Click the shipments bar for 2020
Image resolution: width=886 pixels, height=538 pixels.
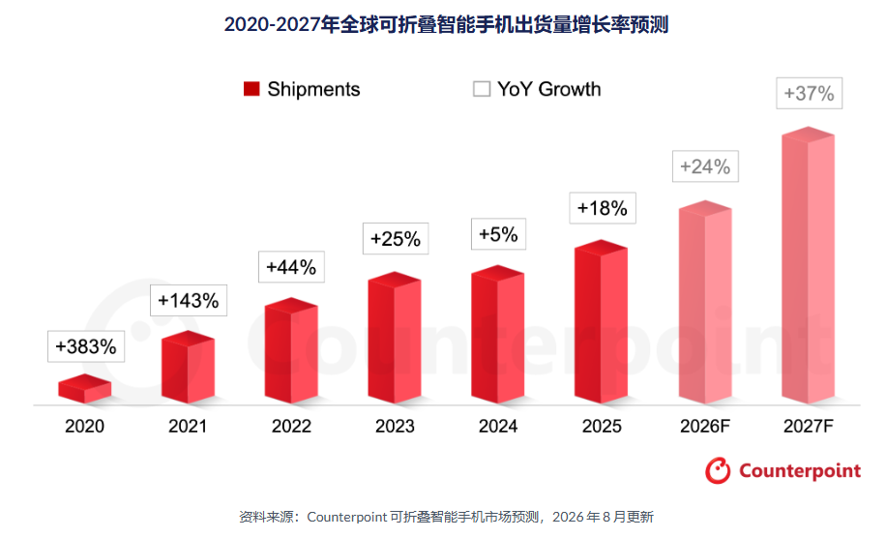pos(85,389)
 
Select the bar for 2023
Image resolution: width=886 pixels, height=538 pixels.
pos(395,338)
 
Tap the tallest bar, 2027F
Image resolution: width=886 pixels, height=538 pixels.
pos(808,265)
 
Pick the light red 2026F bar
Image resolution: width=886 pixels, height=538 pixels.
pos(705,302)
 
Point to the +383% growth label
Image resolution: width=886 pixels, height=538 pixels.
pos(86,346)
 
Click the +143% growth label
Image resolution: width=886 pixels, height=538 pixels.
pos(189,300)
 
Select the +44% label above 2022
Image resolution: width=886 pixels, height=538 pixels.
pos(291,267)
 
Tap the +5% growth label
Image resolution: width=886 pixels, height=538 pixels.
pos(498,234)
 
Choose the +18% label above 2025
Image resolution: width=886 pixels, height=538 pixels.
pos(603,208)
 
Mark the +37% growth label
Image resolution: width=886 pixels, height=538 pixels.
pos(810,93)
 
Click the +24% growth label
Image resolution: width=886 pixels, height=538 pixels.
pos(705,166)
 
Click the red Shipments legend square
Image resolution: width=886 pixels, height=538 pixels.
pos(251,89)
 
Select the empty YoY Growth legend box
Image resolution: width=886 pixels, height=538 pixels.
pos(482,89)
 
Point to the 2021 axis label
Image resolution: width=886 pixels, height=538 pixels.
pos(188,426)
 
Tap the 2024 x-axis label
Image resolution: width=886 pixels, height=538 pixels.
pos(498,426)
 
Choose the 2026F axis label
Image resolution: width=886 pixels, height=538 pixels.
pos(704,426)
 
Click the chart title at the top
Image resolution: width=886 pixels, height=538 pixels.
pos(447,25)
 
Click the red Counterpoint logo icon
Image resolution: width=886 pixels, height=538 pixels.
pos(718,470)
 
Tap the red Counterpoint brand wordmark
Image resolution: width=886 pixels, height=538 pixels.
pos(800,470)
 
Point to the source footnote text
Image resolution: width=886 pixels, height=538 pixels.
pos(447,517)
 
